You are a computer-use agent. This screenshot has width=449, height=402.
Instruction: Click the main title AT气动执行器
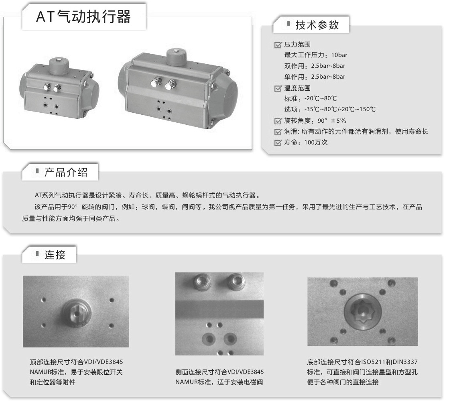click(83, 17)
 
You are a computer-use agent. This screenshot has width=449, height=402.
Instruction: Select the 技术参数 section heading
click(317, 25)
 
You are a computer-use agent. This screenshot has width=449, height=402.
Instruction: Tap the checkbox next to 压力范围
click(278, 45)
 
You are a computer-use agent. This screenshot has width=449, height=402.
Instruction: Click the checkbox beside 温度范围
click(278, 89)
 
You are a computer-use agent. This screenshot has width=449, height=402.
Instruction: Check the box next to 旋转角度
click(278, 121)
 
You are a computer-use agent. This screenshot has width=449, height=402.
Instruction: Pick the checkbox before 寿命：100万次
click(278, 143)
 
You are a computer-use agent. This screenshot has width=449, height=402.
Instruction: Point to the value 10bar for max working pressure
click(339, 55)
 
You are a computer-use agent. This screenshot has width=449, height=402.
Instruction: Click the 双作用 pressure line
click(315, 66)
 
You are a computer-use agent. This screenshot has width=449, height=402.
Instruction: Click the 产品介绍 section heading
click(65, 173)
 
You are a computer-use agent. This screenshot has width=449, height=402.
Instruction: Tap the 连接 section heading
click(55, 254)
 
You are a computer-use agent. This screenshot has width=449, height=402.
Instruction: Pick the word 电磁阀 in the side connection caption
click(254, 382)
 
